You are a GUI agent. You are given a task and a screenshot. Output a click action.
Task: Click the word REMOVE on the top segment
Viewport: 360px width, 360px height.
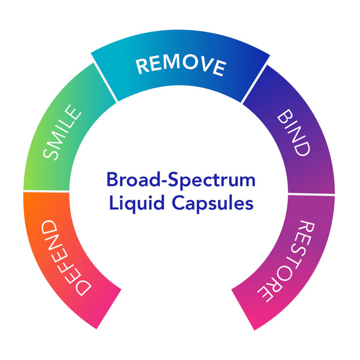coord(180,65)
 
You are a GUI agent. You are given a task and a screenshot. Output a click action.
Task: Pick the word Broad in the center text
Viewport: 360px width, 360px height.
coord(127,179)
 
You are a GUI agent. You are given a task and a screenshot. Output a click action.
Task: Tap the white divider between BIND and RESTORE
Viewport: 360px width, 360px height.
coord(312,193)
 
